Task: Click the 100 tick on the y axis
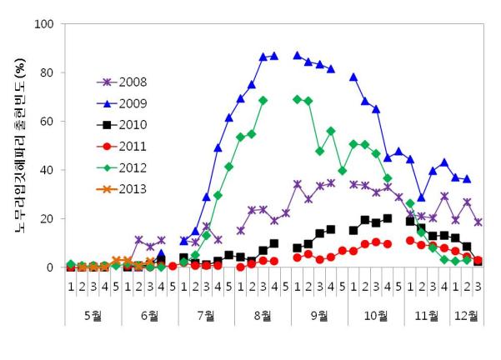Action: coord(44,23)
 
